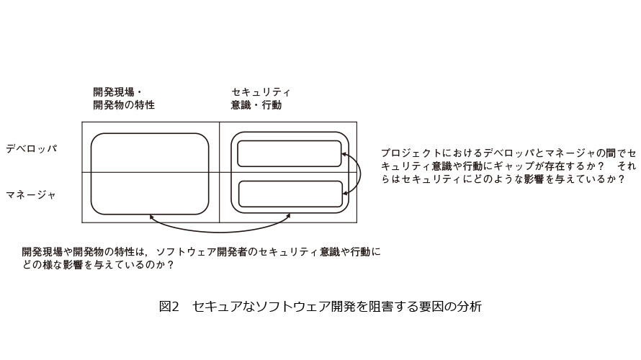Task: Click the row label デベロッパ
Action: [32, 148]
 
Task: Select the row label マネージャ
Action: [31, 195]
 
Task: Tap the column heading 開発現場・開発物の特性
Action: [124, 99]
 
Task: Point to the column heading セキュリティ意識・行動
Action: [261, 99]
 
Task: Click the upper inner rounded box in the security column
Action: [290, 141]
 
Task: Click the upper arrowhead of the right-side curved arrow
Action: [344, 155]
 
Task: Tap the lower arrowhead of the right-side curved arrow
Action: [345, 193]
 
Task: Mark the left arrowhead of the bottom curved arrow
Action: [151, 217]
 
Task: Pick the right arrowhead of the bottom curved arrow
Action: [288, 216]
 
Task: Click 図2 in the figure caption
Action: [169, 306]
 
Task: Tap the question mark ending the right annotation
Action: [622, 179]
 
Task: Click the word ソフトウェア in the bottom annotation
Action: [186, 252]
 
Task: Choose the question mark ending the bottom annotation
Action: [171, 265]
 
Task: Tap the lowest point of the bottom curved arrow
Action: [221, 232]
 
